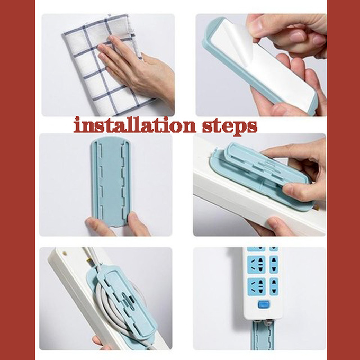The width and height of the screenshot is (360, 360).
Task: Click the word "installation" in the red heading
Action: point(135,125)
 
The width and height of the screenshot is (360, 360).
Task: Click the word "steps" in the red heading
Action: point(230,127)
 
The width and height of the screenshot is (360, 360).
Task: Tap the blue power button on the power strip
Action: point(264,304)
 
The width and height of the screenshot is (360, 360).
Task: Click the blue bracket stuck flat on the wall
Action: point(111,182)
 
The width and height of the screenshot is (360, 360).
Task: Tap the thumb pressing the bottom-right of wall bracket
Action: point(137,223)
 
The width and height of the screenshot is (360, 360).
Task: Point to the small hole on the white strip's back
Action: point(65,254)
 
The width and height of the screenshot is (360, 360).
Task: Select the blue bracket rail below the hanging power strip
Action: point(262,335)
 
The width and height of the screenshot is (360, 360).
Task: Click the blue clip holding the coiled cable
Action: point(124,301)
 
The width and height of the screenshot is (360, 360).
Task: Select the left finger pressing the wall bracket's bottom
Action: point(100,226)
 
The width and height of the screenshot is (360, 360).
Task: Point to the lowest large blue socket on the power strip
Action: point(256,286)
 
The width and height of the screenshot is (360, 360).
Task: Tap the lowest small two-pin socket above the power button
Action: point(274,286)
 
